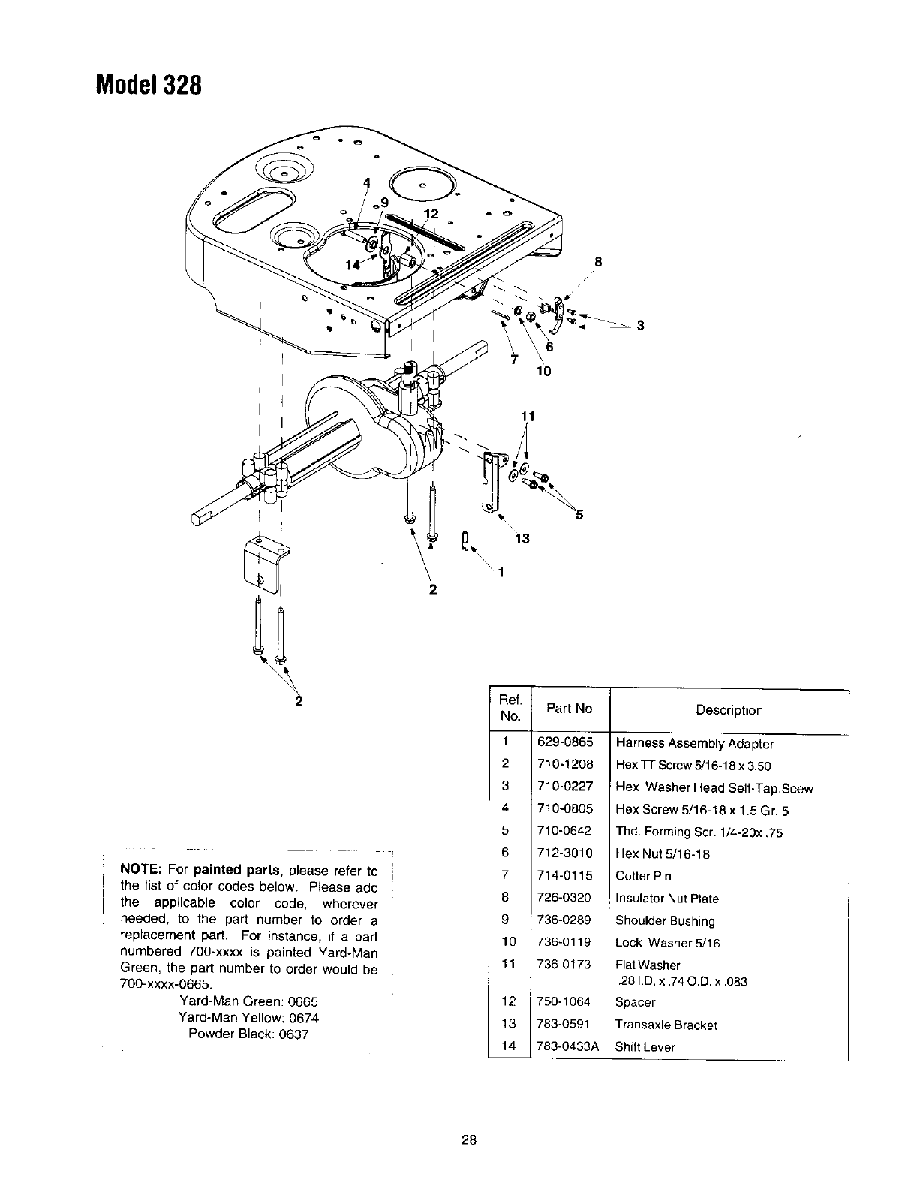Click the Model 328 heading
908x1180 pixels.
(x=149, y=84)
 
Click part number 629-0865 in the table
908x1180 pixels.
(x=565, y=742)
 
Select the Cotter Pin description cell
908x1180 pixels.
(x=643, y=876)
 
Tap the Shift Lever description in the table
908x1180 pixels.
(x=645, y=1046)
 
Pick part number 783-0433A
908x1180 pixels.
(x=568, y=1046)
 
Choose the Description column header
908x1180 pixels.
(x=729, y=710)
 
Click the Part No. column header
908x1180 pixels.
(x=570, y=708)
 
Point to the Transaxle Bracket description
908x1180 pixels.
(x=666, y=1025)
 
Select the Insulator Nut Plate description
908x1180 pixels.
(x=666, y=899)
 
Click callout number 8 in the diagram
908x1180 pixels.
(x=598, y=262)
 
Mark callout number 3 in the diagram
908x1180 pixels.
(x=639, y=325)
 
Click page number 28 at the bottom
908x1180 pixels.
(x=469, y=1140)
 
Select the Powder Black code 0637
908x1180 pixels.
(x=293, y=1034)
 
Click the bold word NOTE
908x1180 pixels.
(x=141, y=871)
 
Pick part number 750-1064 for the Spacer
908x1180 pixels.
(x=565, y=1002)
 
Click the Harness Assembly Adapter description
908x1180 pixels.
(x=694, y=744)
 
